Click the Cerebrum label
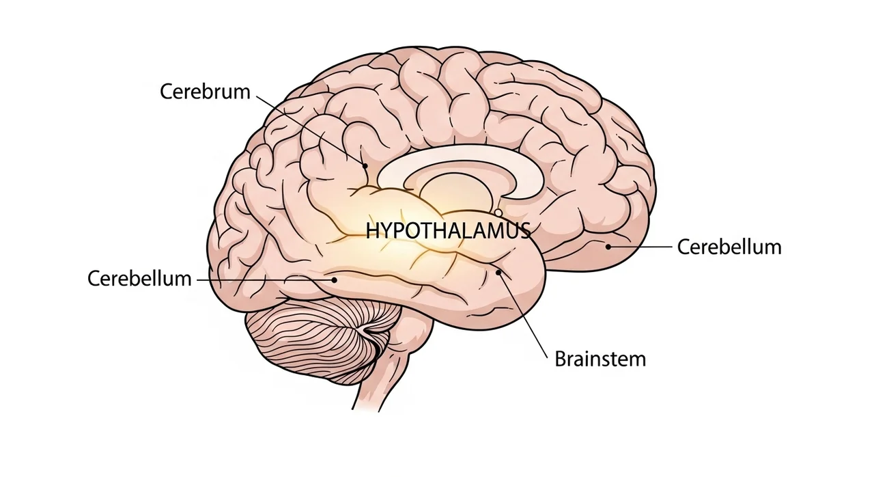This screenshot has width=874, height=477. pos(206,92)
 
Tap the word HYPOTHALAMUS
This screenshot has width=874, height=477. pos(448,231)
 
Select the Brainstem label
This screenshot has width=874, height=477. pos(600,359)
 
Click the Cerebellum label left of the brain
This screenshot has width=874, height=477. pos(140,279)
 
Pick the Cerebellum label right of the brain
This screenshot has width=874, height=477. pos(729,247)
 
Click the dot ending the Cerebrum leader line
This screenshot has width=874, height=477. pos(365,165)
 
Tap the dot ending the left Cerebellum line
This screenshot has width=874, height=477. pos(335,279)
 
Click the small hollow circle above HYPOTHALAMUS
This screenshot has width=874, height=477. pos(498,213)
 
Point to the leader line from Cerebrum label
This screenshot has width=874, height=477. pos(311,129)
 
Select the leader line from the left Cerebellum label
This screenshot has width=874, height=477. pos(266,279)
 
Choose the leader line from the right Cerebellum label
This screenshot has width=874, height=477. pos(642,247)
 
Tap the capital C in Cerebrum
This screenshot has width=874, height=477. pos(166,92)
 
